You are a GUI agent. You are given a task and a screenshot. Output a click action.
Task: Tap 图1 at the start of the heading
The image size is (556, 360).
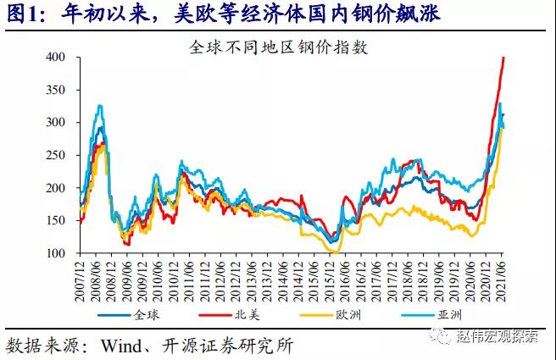point(21,13)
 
